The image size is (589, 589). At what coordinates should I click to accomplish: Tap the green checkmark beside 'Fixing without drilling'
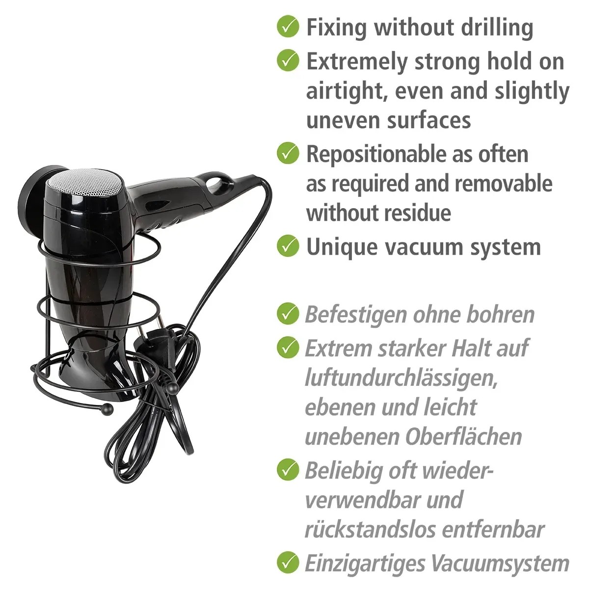click(288, 27)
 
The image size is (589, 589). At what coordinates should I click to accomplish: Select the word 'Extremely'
click(357, 62)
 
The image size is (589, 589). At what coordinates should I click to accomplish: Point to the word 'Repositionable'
click(375, 154)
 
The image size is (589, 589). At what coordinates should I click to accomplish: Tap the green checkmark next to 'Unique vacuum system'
click(288, 246)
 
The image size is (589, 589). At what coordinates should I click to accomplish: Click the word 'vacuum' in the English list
click(424, 247)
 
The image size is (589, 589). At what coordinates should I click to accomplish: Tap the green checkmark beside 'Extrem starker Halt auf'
click(288, 347)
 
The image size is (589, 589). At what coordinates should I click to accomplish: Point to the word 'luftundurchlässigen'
click(401, 378)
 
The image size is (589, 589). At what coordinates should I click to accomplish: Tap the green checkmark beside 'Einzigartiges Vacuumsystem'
click(288, 562)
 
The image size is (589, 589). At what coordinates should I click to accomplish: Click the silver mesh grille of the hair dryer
click(86, 184)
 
